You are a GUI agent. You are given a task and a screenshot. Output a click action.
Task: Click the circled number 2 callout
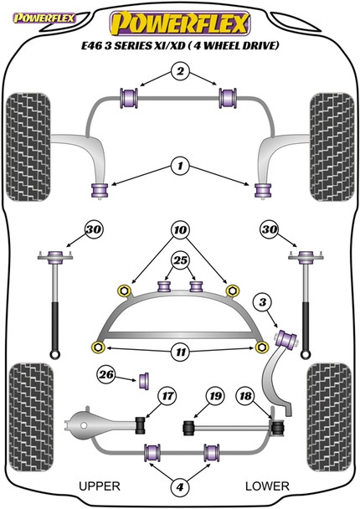(x=180, y=70)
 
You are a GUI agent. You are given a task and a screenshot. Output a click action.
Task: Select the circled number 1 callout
(x=180, y=167)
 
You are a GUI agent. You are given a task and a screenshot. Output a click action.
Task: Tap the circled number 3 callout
(x=263, y=302)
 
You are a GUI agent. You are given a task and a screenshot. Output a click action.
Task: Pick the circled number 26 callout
(x=106, y=374)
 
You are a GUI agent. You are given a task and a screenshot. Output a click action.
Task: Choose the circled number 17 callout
(x=167, y=396)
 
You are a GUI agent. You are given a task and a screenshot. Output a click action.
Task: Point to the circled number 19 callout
(x=215, y=396)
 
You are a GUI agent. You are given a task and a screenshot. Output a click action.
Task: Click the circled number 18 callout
(x=246, y=396)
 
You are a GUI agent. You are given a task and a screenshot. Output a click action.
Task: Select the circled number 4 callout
(x=180, y=486)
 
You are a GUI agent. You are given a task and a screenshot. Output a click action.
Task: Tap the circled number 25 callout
(x=181, y=260)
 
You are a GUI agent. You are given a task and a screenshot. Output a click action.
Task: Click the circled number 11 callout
(x=181, y=352)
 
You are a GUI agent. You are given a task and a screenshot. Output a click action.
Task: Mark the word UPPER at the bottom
(x=100, y=486)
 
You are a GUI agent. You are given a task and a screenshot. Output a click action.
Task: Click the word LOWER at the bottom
(x=267, y=486)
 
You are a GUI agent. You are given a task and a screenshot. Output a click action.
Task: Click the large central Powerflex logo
(x=180, y=23)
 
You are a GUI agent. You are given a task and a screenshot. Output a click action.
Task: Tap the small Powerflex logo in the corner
(x=44, y=18)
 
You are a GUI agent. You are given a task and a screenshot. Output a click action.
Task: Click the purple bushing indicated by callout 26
(x=145, y=381)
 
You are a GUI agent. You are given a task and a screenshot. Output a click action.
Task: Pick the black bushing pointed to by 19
(x=188, y=428)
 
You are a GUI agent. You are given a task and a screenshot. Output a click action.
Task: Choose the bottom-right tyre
(x=330, y=417)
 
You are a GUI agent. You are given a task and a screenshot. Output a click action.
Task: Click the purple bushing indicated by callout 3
(x=286, y=338)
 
